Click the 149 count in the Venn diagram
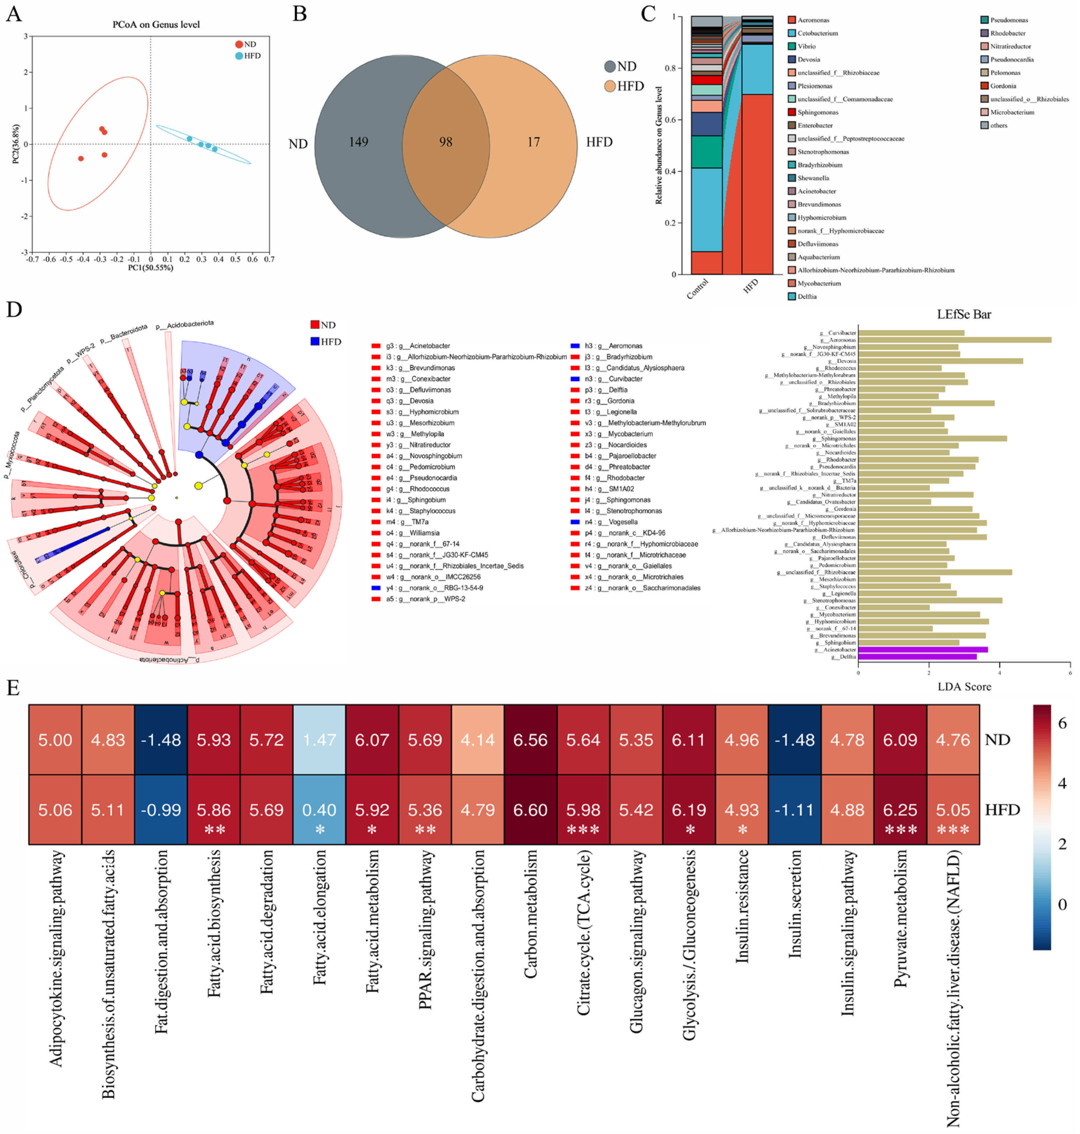coord(358,141)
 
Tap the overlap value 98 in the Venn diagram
coord(445,141)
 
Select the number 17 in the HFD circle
coord(534,141)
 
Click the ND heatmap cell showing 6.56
coord(530,739)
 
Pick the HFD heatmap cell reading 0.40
coord(319,810)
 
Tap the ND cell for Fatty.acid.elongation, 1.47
coord(319,739)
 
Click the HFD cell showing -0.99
coord(161,810)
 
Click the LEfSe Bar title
coord(964,314)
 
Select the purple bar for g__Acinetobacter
coord(923,649)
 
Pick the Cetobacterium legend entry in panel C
coord(818,34)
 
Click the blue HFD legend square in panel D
coord(315,341)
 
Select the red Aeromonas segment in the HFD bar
coord(757,184)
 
